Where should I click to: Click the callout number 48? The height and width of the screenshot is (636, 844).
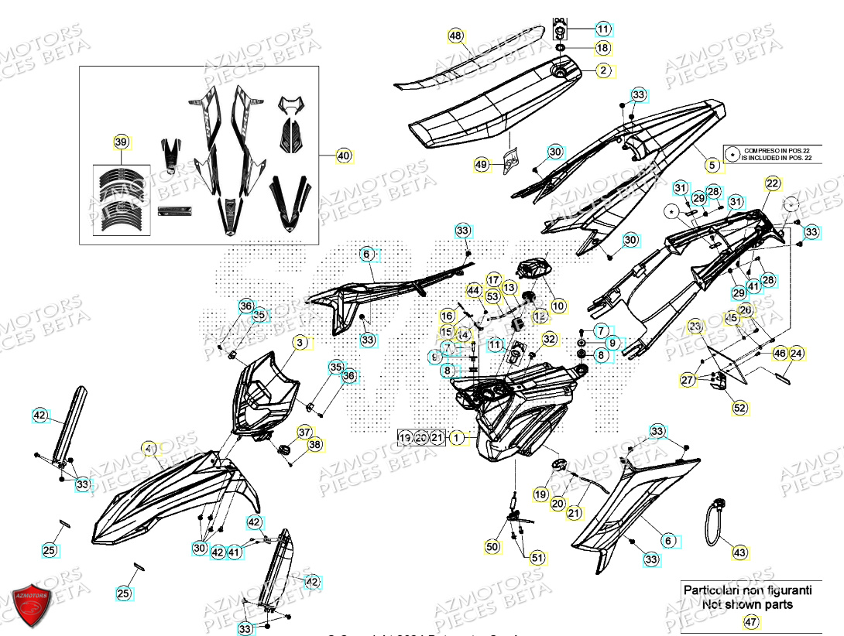455,36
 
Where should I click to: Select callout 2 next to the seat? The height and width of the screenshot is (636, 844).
603,70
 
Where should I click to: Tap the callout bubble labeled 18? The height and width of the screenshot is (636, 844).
603,48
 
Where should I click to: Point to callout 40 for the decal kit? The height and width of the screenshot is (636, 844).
344,156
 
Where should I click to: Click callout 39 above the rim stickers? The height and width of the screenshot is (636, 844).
121,142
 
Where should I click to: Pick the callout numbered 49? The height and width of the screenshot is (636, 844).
482,164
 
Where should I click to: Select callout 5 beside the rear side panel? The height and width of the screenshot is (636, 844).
712,164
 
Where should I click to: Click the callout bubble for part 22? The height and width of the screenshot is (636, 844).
772,183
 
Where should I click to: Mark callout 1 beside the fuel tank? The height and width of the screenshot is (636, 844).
457,438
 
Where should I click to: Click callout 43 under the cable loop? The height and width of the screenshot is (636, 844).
740,552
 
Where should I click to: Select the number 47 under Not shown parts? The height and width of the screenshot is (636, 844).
749,621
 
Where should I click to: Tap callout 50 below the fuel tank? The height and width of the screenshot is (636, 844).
492,547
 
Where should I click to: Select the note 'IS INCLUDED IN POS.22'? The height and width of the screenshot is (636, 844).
777,158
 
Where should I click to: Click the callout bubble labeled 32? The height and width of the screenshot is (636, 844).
549,338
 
